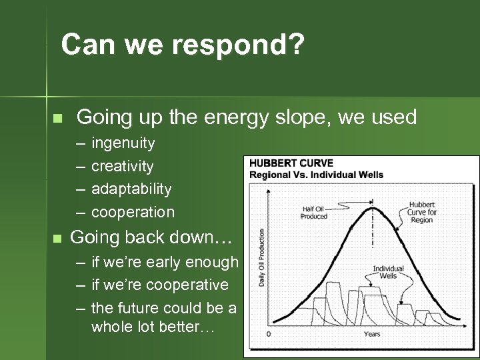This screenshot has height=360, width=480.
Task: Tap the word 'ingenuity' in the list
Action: tap(123, 143)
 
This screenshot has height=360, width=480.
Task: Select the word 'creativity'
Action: tap(122, 166)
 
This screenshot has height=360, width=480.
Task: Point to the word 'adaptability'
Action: tap(131, 189)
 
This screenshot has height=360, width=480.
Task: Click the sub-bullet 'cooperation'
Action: tap(133, 212)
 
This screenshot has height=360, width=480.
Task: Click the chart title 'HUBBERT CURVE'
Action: tap(291, 163)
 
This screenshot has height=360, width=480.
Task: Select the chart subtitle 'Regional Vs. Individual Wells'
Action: tap(316, 175)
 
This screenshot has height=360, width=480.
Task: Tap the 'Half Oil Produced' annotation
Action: tap(314, 212)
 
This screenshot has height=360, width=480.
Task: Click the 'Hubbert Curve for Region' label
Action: tap(422, 213)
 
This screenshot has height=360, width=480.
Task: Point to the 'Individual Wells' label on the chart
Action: tap(388, 272)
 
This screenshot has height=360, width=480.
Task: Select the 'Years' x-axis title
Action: tap(372, 333)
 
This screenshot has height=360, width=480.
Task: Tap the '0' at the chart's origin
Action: tap(268, 333)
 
